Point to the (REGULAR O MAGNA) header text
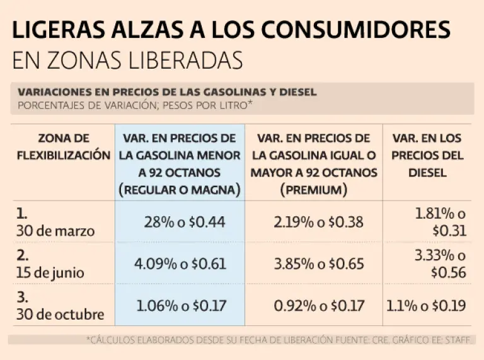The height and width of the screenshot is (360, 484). point(180,189)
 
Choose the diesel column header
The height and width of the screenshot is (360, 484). point(427,154)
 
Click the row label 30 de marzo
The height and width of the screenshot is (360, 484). point(55,231)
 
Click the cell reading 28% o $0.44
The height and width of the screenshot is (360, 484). point(185,221)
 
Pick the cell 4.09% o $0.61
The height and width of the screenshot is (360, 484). point(180,264)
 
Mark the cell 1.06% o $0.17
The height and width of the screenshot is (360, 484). point(181,306)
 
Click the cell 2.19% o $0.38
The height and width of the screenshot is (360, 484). point(313,221)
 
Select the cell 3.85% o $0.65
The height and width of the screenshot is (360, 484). point(313,264)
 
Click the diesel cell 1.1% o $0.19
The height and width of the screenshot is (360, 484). point(426,306)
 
